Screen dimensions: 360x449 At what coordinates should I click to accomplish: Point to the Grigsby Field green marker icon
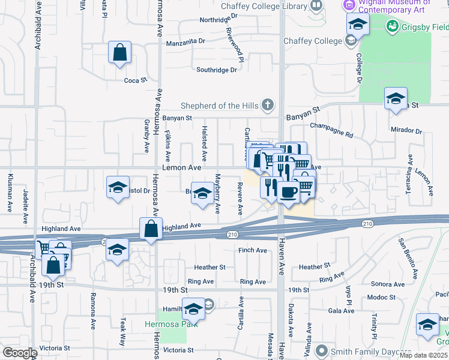(393, 26)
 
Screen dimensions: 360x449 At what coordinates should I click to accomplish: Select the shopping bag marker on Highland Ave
(151, 229)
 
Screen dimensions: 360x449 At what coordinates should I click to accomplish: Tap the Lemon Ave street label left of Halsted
(182, 168)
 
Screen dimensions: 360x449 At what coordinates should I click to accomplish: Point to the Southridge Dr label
(217, 70)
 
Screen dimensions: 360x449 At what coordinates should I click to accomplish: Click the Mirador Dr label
(406, 130)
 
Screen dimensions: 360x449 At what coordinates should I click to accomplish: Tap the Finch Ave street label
(252, 250)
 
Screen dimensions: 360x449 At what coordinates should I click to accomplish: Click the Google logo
(20, 353)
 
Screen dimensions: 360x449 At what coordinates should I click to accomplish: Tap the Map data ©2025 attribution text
(423, 355)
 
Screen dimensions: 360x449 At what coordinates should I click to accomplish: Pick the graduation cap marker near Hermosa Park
(193, 309)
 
